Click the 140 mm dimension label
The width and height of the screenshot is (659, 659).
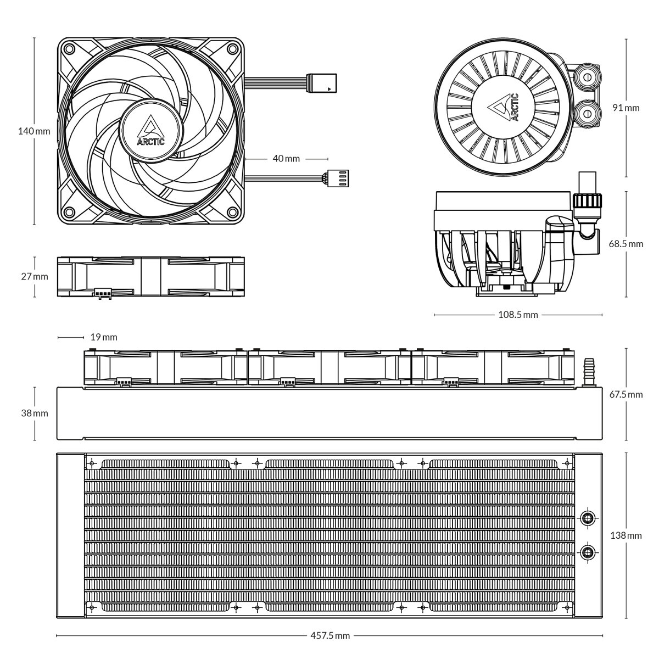(x=34, y=131)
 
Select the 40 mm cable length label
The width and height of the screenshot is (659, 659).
(x=286, y=158)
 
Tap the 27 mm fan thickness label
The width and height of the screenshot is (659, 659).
(x=34, y=276)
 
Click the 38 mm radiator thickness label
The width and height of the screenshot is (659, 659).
(x=34, y=413)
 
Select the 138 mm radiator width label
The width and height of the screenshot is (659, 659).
(x=626, y=535)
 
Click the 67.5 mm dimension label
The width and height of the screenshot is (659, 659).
(x=626, y=394)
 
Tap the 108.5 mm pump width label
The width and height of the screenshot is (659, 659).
(x=518, y=315)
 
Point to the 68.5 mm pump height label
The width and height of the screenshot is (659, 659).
(x=626, y=244)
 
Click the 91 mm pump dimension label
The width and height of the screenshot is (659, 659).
(x=626, y=108)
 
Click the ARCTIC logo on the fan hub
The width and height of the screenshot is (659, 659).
(x=150, y=131)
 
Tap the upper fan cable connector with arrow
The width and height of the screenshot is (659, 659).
(x=323, y=83)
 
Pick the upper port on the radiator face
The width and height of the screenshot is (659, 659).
(x=588, y=517)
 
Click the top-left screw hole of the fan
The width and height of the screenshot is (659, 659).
(x=69, y=48)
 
